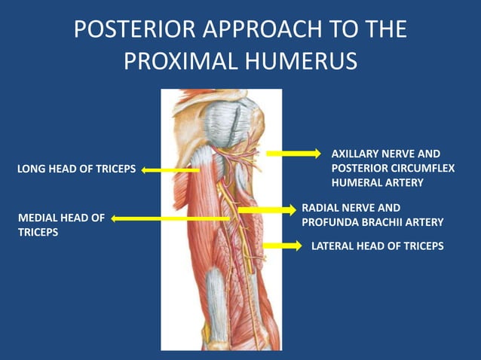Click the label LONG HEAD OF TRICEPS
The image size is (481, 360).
click(76, 169)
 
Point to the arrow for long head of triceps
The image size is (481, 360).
click(170, 170)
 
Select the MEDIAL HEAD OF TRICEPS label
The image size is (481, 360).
click(60, 225)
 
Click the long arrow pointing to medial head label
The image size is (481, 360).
click(170, 218)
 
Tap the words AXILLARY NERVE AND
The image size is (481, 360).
click(385, 154)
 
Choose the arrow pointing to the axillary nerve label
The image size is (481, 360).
click(293, 154)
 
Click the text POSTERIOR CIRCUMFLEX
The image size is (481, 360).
click(393, 168)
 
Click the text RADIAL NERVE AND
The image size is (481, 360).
click(351, 207)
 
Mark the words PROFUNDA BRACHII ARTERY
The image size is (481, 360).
click(372, 222)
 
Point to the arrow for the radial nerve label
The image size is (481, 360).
click(268, 209)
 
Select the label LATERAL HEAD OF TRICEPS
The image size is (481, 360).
click(377, 246)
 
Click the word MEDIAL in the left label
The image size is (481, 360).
click(37, 218)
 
